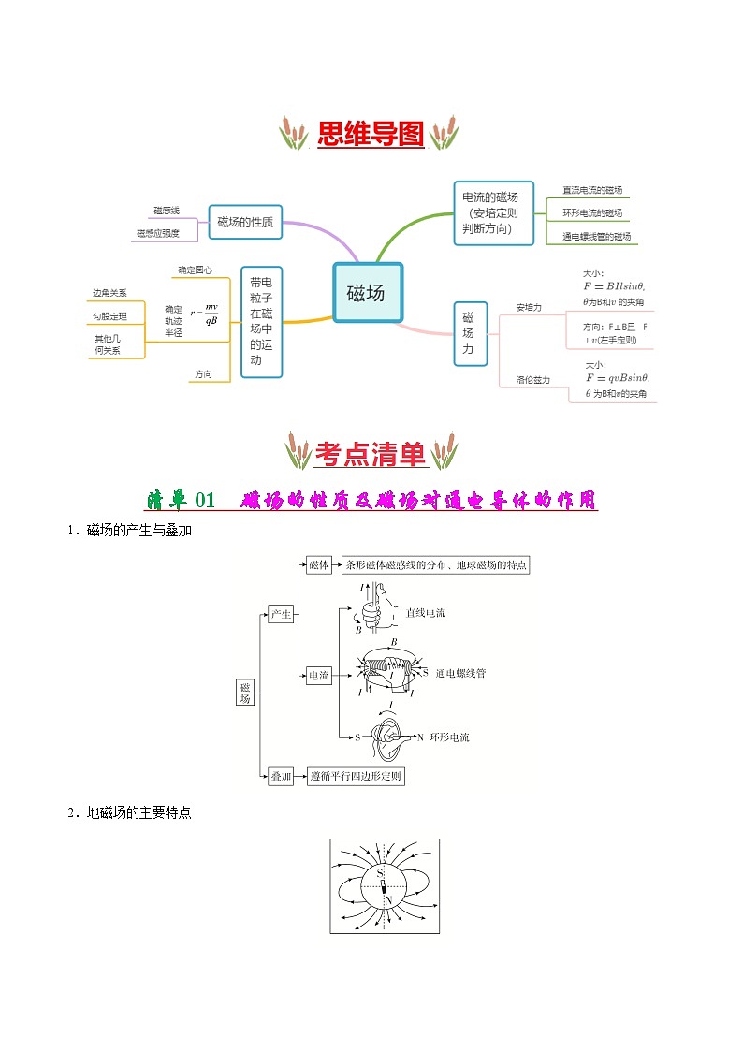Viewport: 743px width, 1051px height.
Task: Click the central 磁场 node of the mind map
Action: coord(367,293)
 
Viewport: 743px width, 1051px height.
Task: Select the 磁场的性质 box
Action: coord(245,222)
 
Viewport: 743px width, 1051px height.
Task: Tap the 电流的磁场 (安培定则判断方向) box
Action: coord(493,213)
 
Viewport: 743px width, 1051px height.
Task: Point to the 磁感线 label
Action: coord(166,211)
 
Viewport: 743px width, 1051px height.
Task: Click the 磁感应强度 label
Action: coord(157,234)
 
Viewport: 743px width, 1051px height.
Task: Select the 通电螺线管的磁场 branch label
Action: coord(596,237)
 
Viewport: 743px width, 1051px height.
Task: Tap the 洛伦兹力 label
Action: coord(532,380)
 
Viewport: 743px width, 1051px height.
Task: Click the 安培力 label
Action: coord(529,307)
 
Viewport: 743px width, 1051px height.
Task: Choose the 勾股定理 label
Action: coord(109,316)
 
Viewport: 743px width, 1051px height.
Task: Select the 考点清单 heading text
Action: coord(371,455)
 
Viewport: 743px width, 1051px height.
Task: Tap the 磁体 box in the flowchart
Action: coord(319,565)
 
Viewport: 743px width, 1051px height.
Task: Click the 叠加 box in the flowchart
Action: coord(281,776)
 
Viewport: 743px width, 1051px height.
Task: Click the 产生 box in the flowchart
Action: coord(281,615)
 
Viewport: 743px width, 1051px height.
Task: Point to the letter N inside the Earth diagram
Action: coord(387,900)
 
